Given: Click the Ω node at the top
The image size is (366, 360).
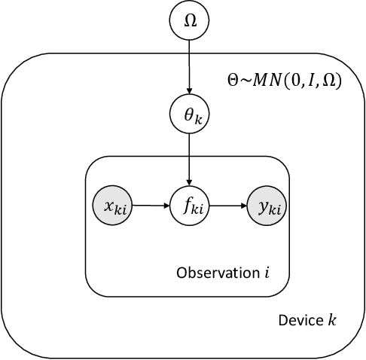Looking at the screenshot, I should point(189,22).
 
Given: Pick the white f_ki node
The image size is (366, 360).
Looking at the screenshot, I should point(189,203).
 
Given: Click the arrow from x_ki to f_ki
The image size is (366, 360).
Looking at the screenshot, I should point(150,203).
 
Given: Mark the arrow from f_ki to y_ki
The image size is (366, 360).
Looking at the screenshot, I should point(228,203).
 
